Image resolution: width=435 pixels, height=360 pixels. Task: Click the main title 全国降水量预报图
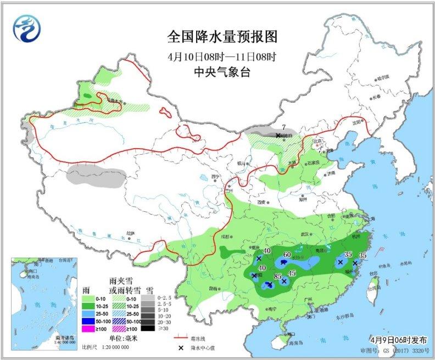222,37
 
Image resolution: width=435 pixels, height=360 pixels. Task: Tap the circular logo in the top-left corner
26,28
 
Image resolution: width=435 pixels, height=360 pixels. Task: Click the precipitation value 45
292,273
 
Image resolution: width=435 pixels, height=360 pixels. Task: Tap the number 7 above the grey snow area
277,127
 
